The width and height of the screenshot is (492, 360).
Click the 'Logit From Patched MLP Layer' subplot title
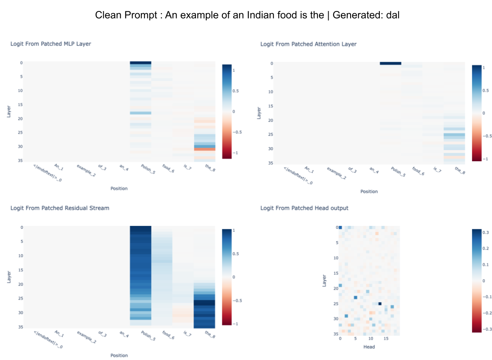(x=50, y=44)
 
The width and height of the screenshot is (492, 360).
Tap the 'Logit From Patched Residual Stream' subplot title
(x=60, y=208)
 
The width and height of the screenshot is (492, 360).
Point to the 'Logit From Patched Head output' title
(x=304, y=208)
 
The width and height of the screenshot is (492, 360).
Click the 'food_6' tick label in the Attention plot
(x=417, y=171)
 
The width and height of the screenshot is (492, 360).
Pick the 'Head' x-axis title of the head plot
(x=369, y=347)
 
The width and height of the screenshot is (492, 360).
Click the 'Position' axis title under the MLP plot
(x=119, y=188)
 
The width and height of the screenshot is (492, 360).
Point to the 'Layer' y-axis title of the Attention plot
(x=260, y=113)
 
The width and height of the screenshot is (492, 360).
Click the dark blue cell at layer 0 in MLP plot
(x=140, y=63)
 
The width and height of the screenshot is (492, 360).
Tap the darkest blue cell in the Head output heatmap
(x=380, y=303)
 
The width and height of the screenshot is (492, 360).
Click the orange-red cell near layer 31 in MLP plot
(x=204, y=149)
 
